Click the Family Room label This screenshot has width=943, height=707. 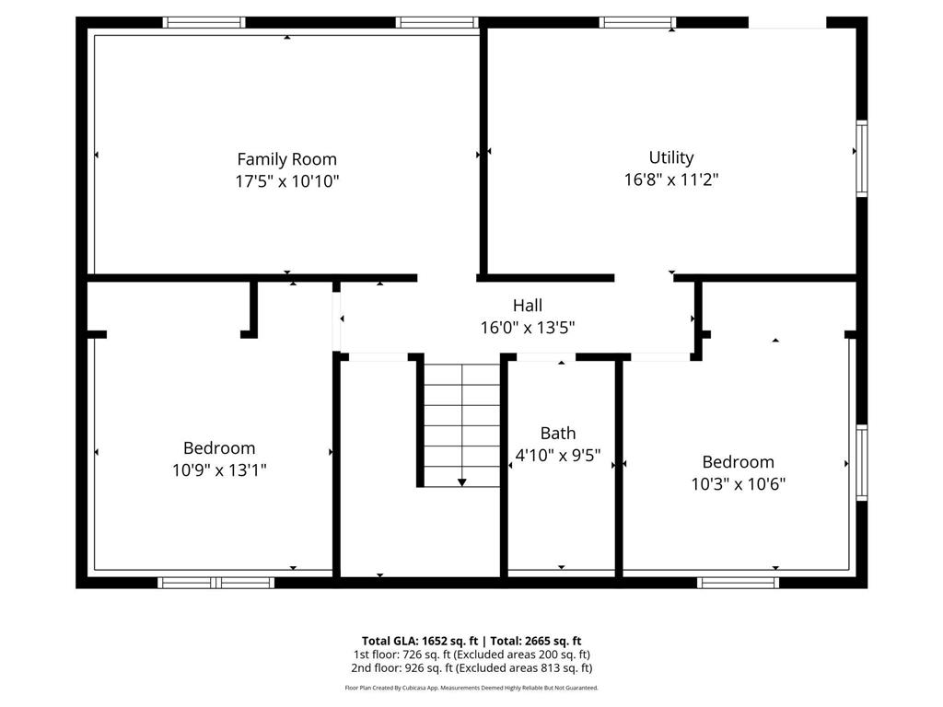[286, 159]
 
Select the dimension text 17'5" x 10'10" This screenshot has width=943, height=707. [286, 181]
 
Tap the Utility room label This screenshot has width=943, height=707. [671, 157]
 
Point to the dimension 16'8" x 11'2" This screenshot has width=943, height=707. [671, 180]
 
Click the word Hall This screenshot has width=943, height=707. [527, 305]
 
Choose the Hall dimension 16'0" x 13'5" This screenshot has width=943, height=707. [527, 327]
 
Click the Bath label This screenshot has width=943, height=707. [558, 433]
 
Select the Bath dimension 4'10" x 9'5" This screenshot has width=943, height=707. [558, 454]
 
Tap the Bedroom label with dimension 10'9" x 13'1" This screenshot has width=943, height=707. [219, 448]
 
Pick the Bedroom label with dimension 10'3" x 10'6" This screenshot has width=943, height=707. [738, 462]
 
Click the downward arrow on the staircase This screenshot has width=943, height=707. [461, 481]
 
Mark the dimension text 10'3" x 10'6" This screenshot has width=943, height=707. [738, 484]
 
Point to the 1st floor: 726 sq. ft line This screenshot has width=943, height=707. [471, 655]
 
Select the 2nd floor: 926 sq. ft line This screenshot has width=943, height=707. [471, 668]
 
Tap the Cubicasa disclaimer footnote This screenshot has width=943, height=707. [471, 688]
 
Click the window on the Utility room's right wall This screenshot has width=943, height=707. [862, 158]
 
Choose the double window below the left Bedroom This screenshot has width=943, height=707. [216, 582]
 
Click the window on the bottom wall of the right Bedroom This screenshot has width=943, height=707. [739, 582]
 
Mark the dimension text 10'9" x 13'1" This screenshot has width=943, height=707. [219, 470]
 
